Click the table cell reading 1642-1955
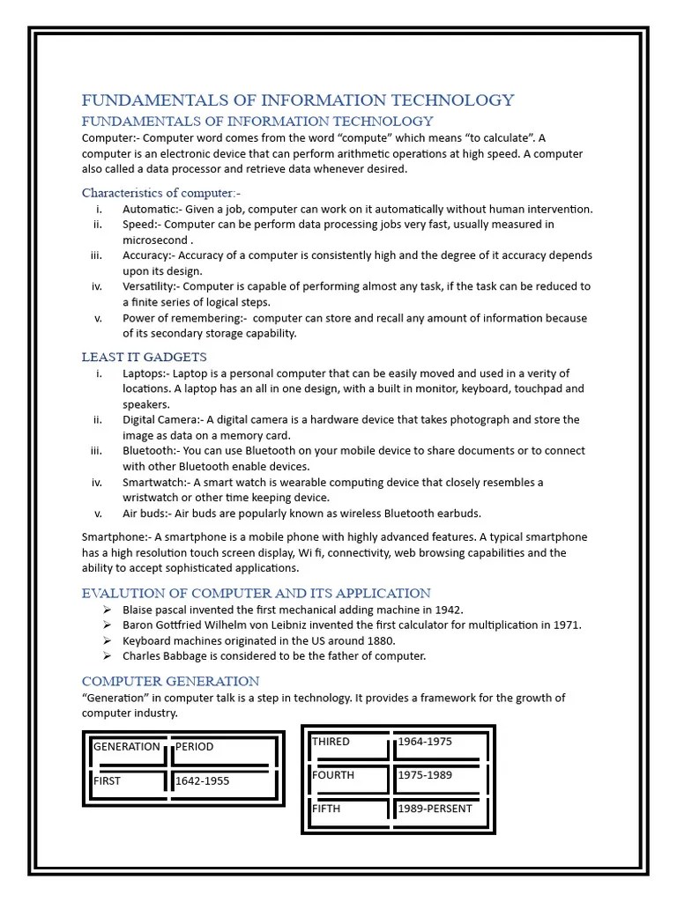click(204, 780)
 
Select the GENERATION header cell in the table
click(126, 747)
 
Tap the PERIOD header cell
click(195, 747)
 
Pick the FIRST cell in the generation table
click(108, 780)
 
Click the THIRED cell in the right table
click(331, 742)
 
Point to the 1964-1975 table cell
click(425, 742)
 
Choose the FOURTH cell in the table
click(333, 775)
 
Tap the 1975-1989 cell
click(425, 775)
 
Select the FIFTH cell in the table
click(326, 809)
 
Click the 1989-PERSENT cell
click(435, 809)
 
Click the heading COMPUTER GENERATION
click(170, 681)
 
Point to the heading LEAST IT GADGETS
click(145, 357)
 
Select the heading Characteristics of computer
click(161, 192)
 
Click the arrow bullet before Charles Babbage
click(106, 656)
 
